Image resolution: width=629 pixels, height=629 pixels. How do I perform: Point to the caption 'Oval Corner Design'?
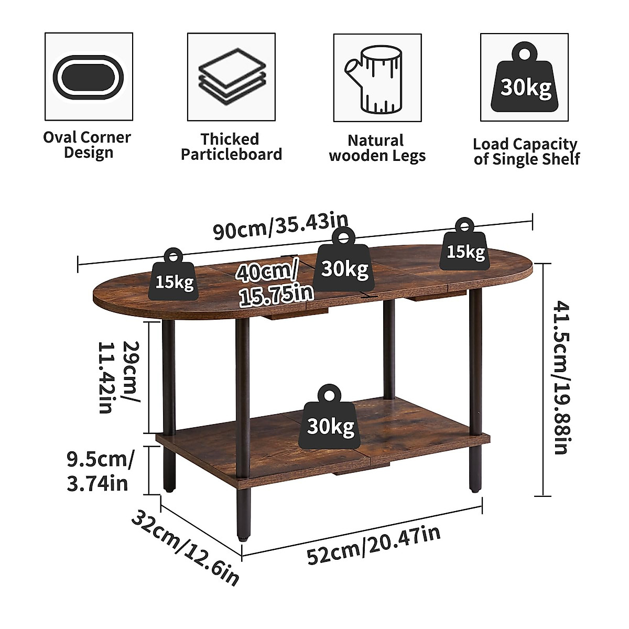87,145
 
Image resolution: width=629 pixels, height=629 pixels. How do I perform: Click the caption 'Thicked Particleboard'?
231,147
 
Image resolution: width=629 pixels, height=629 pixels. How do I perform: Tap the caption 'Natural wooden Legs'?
377,148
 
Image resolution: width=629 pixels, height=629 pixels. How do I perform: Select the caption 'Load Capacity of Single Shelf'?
526,151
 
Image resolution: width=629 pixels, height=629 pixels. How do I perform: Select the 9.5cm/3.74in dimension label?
100,471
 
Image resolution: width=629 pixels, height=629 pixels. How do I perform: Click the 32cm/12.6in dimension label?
186,548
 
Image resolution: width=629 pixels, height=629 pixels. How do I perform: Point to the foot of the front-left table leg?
242,536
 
